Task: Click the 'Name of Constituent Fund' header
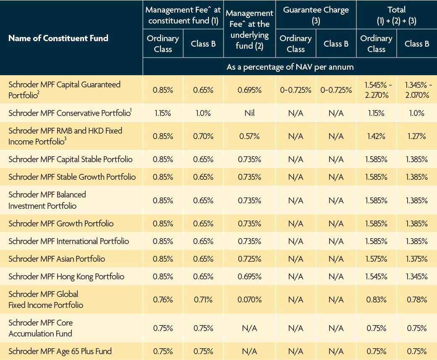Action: pyautogui.click(x=58, y=38)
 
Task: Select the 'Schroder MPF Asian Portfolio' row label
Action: pyautogui.click(x=57, y=259)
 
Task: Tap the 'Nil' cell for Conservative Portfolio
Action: pyautogui.click(x=249, y=113)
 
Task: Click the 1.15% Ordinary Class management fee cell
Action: pyautogui.click(x=163, y=113)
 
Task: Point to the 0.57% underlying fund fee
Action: pyautogui.click(x=249, y=136)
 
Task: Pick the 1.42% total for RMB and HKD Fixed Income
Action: pyautogui.click(x=376, y=136)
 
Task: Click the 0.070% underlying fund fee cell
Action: pyautogui.click(x=249, y=300)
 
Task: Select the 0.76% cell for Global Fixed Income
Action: pyautogui.click(x=163, y=300)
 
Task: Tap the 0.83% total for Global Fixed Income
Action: pyautogui.click(x=376, y=300)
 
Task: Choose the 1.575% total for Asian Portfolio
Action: pyautogui.click(x=376, y=259)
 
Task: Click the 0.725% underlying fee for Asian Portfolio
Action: pyautogui.click(x=249, y=259)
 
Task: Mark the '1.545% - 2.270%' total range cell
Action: pyautogui.click(x=376, y=90)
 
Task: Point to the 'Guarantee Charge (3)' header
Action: pyautogui.click(x=316, y=15)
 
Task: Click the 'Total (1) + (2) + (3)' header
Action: pyautogui.click(x=396, y=15)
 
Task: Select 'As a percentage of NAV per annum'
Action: pyautogui.click(x=290, y=67)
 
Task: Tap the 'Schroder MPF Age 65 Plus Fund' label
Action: pyautogui.click(x=60, y=351)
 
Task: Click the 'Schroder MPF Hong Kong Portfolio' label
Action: pyautogui.click(x=66, y=276)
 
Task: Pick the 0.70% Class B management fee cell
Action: pyautogui.click(x=203, y=136)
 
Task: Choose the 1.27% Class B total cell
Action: pyautogui.click(x=416, y=136)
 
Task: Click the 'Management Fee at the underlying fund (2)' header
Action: pyautogui.click(x=249, y=29)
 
